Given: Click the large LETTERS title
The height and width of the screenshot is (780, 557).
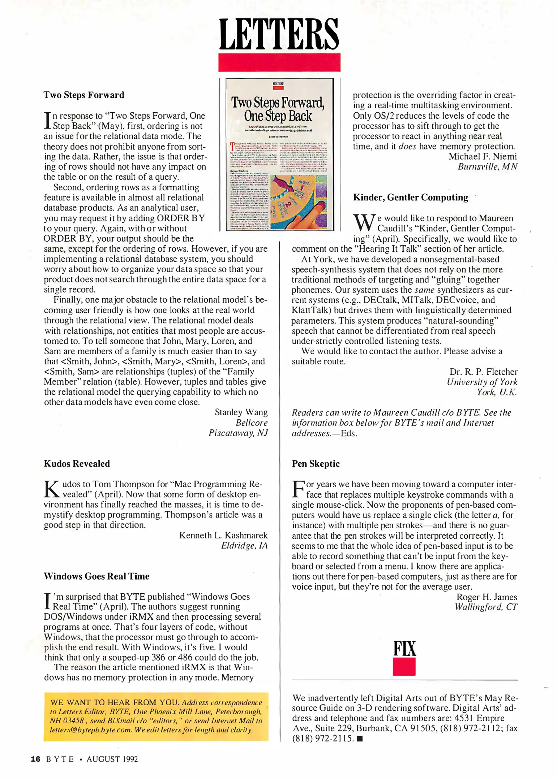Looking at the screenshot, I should point(279,34).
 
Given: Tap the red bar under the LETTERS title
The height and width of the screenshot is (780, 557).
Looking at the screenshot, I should point(279,62).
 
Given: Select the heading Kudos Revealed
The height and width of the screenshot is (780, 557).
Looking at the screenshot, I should point(77,464).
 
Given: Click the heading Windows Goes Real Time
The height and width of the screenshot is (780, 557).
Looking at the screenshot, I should point(96,576).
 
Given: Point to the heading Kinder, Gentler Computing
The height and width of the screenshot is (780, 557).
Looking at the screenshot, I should point(410,198).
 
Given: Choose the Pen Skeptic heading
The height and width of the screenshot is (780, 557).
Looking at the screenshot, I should point(316,464).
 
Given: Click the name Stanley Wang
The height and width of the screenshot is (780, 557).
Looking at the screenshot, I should point(241,412).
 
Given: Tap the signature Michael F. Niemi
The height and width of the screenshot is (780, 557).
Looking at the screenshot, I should point(483,156).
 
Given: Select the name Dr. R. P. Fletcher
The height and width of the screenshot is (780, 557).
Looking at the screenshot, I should point(483,372).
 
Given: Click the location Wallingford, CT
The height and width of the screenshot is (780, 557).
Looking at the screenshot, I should point(486,607).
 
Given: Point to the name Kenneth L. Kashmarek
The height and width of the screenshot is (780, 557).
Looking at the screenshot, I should point(223,535).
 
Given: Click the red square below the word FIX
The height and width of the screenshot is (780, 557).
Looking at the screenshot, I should point(404,667).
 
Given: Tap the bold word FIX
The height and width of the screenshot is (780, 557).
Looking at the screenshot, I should point(404,649).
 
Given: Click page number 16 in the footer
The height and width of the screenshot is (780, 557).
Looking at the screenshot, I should point(35,759).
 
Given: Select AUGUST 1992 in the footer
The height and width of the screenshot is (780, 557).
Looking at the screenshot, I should point(112,759).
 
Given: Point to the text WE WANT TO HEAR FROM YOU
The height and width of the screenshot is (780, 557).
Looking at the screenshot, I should point(115,702).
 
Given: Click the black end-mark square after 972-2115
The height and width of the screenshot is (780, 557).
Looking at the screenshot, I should point(360,738).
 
